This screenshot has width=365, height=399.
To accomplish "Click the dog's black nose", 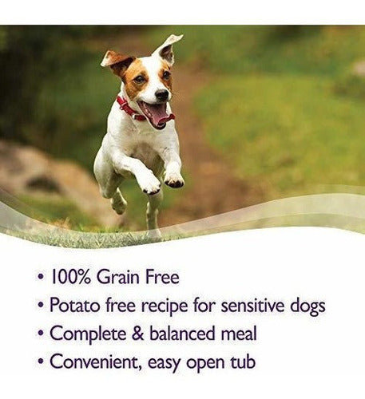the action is (162, 95).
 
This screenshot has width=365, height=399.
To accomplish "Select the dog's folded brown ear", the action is (117, 61).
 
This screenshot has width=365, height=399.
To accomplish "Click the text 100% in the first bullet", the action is (71, 277).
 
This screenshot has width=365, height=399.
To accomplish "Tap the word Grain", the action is (118, 277).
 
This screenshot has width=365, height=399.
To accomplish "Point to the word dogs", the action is (307, 306).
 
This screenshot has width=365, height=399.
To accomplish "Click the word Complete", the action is (88, 334).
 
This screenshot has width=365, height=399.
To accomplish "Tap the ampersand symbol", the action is (138, 334).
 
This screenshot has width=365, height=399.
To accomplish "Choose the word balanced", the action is (182, 334).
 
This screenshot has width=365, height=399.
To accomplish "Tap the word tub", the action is (242, 361).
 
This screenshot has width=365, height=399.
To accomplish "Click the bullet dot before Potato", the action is (41, 304).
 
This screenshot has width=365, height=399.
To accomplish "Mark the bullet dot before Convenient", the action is (41, 361).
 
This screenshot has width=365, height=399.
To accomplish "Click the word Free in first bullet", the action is (162, 277).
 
